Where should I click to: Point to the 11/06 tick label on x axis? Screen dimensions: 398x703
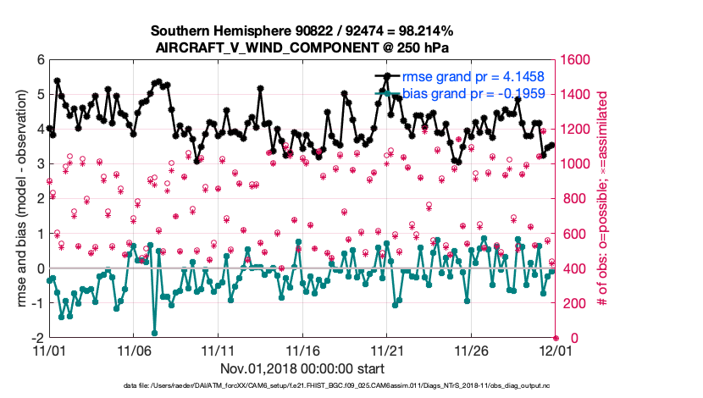133,350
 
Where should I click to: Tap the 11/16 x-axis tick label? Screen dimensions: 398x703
302,350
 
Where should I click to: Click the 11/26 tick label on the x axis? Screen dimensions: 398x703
471,350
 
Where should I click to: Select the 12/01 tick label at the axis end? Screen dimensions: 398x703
555,350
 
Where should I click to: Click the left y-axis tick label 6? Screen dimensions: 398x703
40,60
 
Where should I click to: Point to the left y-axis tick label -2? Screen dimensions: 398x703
37,337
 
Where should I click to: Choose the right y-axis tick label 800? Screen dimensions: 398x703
574,199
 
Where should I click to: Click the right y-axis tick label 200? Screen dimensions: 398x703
574,303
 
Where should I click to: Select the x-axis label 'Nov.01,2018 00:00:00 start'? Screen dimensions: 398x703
302,368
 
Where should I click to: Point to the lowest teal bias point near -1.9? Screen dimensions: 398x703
154,333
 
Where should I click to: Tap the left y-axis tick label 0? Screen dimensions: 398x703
40,268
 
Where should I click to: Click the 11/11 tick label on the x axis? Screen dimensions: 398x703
218,350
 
